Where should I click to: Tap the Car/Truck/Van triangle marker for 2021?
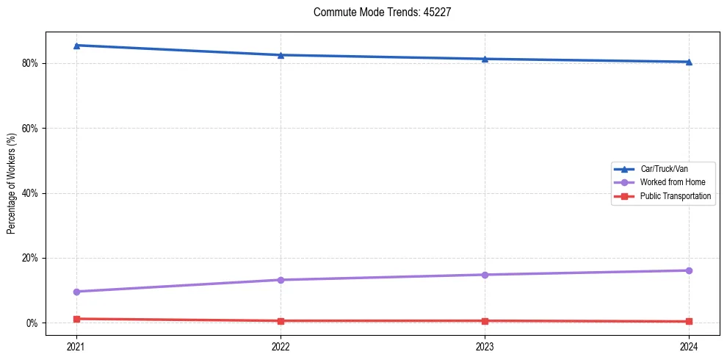point(76,46)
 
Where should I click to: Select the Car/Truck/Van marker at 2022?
point(281,55)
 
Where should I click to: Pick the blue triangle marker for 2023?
point(485,59)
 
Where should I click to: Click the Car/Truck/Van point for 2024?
point(689,62)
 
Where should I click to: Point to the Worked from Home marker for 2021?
point(76,292)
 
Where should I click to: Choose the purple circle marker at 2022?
point(281,280)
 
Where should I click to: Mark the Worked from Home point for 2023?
point(485,275)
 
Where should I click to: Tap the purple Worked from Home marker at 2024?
point(689,270)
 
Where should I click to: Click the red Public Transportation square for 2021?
point(76,319)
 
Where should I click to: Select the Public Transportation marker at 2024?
point(689,321)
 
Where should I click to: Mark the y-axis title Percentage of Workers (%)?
point(12,184)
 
